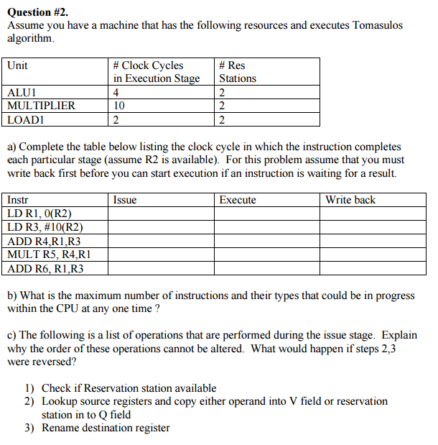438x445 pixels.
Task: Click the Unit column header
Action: pos(17,65)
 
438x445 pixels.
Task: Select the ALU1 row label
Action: pos(22,92)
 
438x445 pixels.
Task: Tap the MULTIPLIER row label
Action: pos(41,106)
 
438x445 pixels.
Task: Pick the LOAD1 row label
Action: pos(25,119)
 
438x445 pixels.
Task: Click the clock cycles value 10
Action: pos(119,106)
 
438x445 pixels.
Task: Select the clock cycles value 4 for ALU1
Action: pos(116,92)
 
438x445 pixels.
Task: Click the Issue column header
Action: pos(125,200)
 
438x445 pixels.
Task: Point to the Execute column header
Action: pos(238,200)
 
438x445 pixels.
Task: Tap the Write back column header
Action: pos(350,200)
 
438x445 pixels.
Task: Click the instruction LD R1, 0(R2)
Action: pos(39,214)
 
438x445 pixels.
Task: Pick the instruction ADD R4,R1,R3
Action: pos(44,241)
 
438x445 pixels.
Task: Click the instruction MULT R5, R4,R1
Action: pos(48,254)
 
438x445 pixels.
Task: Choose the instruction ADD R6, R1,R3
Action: pos(45,268)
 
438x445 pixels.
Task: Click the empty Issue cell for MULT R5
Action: pos(162,254)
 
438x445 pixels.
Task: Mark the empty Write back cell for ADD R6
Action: pos(373,268)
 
